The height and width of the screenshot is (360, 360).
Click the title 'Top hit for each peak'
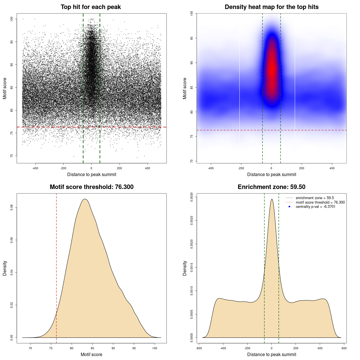coord(91,7)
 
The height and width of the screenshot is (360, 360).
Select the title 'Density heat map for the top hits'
coord(271,7)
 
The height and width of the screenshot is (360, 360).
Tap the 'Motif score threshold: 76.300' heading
coord(91,187)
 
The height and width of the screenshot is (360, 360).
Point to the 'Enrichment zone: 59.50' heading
coord(271,187)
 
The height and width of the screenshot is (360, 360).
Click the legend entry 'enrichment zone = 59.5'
coord(315,198)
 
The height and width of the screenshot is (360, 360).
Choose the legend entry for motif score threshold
coord(320,202)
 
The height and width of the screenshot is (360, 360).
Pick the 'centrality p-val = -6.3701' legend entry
coord(315,207)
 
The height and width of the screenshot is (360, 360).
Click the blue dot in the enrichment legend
coord(289,207)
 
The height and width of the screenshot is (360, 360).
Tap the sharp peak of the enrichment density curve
coord(272,199)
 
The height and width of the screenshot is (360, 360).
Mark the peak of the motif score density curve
coord(85,199)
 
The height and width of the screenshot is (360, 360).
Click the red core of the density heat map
coord(272,70)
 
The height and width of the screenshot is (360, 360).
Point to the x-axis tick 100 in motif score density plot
coord(155,348)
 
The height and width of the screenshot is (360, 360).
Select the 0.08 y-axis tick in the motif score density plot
coord(12,208)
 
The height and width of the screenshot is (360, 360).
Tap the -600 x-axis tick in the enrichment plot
coord(199,348)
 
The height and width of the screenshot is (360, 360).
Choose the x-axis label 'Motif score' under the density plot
coord(91,354)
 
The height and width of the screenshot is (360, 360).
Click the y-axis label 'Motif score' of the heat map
coord(185,88)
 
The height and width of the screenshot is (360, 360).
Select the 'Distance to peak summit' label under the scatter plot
coord(92,174)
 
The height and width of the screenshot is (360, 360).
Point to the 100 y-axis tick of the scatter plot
coord(12,19)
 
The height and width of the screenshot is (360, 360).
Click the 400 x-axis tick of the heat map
coord(332,168)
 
